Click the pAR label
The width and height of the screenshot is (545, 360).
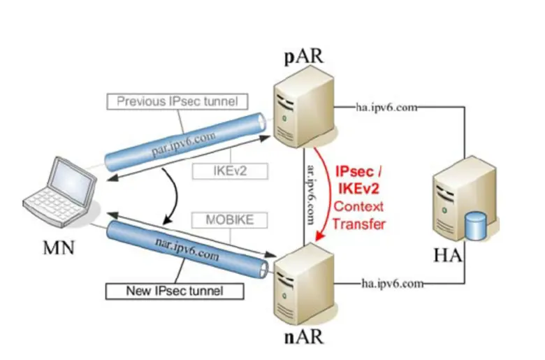point(304,57)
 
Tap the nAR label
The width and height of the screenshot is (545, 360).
point(304,336)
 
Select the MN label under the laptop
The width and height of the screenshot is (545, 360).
point(59,248)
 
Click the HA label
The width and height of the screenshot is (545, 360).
point(448,255)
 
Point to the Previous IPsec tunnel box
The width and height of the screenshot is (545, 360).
point(177,101)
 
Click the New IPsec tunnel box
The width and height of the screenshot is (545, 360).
point(175,291)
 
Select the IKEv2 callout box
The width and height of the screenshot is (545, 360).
point(230,171)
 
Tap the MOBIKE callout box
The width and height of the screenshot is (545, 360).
point(230,219)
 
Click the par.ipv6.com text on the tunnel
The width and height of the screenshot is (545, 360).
point(184,144)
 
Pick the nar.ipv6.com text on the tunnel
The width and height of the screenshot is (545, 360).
point(187,250)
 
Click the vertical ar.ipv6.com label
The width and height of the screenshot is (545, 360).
point(312,194)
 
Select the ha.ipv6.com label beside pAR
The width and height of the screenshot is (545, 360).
point(386,107)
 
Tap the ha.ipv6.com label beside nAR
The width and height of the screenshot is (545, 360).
point(393,284)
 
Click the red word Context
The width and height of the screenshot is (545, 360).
point(358,206)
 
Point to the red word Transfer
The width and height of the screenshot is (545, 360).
point(358,224)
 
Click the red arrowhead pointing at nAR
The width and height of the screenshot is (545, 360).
point(319,236)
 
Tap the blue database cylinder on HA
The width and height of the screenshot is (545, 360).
point(475,226)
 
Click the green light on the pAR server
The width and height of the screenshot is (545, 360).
point(284,118)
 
